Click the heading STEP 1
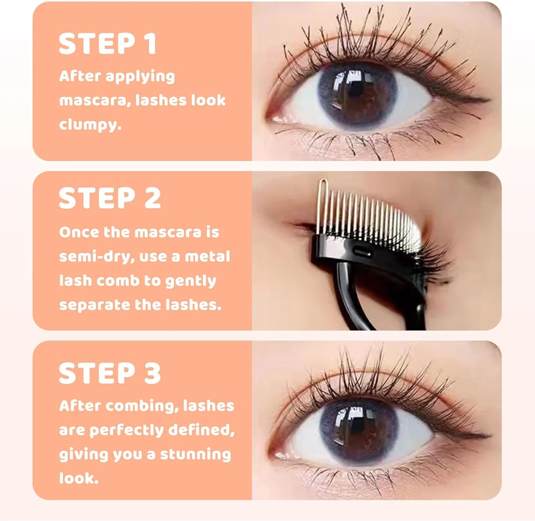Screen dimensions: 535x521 coord(107,44)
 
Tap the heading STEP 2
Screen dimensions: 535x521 coord(110,198)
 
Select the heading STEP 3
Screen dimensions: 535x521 coord(110,373)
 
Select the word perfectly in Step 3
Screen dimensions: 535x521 coord(126,430)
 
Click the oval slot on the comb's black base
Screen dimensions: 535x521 coord(362,252)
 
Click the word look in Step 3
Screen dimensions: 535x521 coord(78,478)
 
